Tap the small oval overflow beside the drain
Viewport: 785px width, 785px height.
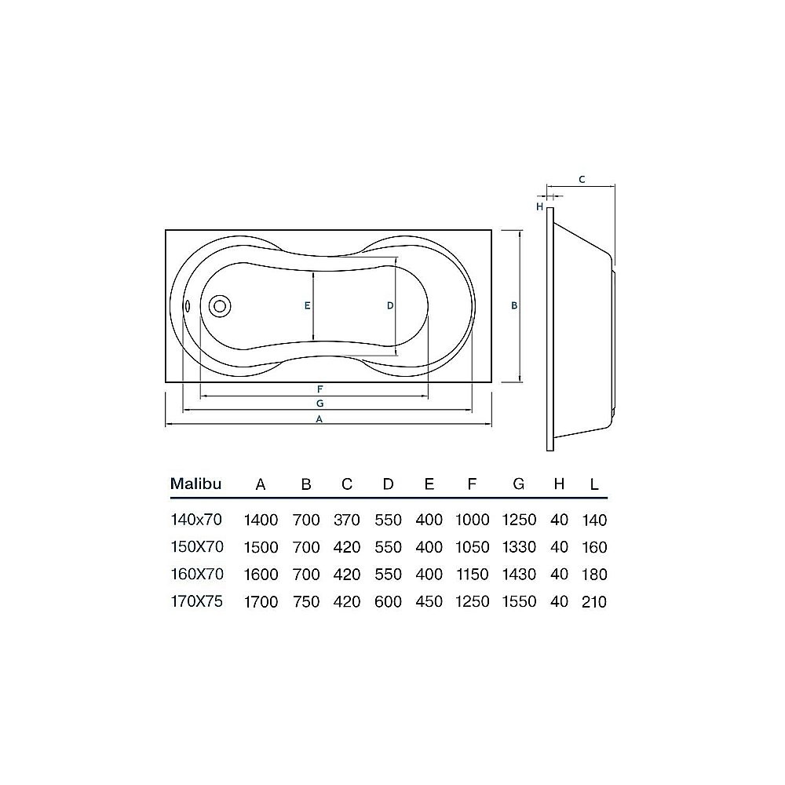coord(187,306)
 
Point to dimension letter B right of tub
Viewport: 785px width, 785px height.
coord(514,306)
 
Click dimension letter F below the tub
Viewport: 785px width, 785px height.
coord(320,389)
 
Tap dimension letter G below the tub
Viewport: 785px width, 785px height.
coord(320,403)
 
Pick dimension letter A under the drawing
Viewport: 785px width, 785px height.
coord(319,419)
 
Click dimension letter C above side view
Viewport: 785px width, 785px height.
coord(581,180)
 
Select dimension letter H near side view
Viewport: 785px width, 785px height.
coord(540,206)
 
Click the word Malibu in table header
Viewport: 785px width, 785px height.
coord(196,484)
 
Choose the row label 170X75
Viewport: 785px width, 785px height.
coord(197,602)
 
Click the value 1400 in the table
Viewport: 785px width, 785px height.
coord(261,520)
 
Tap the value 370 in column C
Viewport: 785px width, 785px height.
coord(346,520)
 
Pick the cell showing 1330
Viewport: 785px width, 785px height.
coord(518,547)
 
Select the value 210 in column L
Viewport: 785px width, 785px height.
coord(594,602)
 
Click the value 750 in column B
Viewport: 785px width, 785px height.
coord(305,602)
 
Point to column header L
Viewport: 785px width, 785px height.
coord(594,484)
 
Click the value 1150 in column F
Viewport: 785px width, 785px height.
coord(472,575)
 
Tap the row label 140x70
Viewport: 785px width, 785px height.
coord(197,520)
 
